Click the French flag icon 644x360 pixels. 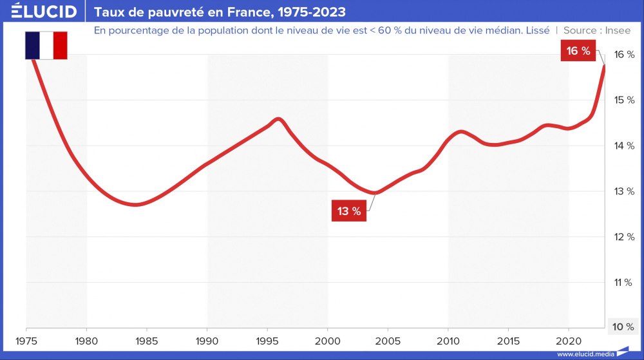(46, 44)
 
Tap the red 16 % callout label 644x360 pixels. (578, 52)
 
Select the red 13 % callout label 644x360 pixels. (349, 211)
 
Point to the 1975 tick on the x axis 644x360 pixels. (26, 339)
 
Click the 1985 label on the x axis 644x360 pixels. (147, 339)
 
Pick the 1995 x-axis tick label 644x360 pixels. (267, 339)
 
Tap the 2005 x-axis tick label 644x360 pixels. (388, 339)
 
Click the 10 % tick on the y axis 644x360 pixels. (622, 327)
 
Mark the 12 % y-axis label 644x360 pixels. (622, 237)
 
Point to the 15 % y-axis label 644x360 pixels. (622, 100)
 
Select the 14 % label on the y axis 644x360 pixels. (622, 146)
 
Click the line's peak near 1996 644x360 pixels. (278, 119)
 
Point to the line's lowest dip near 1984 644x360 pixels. (135, 205)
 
